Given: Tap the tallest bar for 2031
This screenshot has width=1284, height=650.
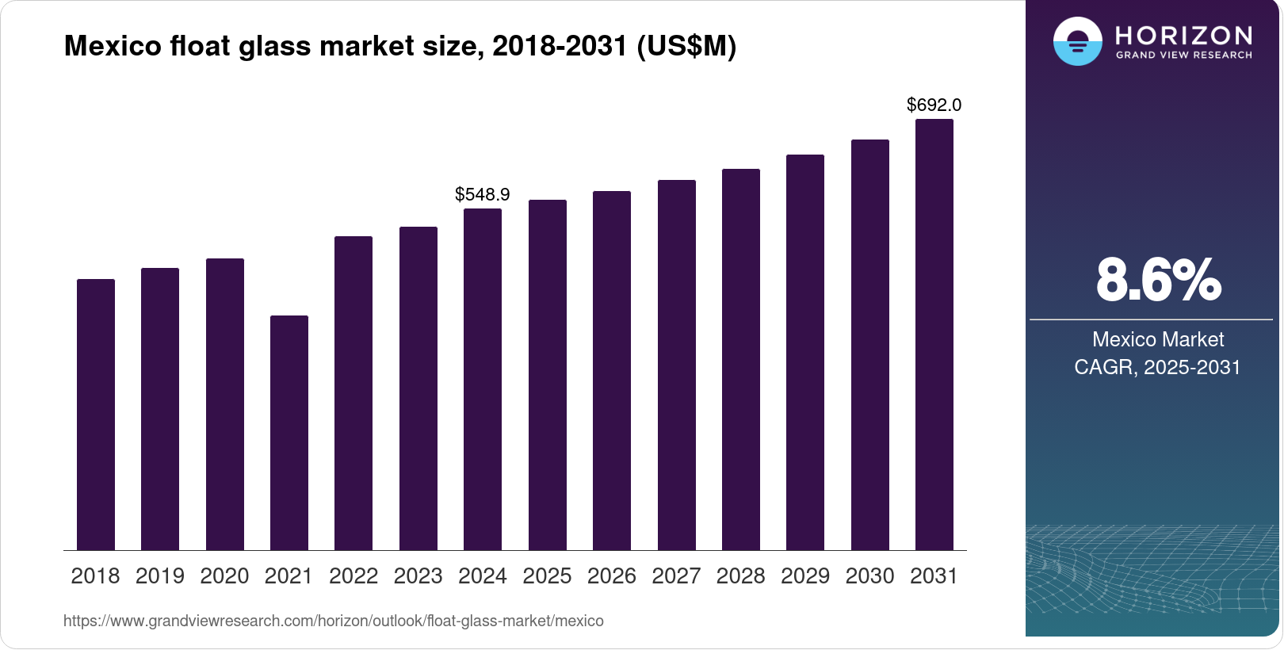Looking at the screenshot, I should tap(934, 335).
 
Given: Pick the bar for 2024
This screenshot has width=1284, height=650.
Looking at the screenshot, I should tap(483, 379).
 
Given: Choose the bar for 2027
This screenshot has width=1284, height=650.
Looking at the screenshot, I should tap(677, 365).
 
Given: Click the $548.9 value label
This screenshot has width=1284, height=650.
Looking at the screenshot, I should tap(482, 194).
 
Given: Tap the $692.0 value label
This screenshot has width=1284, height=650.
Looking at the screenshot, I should tap(934, 105).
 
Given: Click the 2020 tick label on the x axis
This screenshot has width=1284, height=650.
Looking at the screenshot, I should tap(224, 576).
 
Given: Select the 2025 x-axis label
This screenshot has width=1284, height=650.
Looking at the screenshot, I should tap(547, 576).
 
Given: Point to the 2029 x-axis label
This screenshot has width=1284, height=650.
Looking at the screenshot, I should tap(805, 576).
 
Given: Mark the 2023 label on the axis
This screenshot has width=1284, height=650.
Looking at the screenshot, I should tap(418, 576).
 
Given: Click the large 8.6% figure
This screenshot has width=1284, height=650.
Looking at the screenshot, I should tap(1158, 280).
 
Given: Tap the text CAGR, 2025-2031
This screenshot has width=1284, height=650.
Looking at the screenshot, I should tap(1157, 367).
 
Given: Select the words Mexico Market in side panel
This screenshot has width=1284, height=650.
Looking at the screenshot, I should tap(1158, 339).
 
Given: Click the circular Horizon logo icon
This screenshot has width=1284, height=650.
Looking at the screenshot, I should tap(1077, 41).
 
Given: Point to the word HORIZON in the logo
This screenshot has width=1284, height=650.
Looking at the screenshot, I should tap(1183, 36).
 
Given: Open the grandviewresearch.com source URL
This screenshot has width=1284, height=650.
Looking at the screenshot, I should tap(333, 621).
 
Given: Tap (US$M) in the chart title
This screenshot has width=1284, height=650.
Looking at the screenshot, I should tap(686, 46).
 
